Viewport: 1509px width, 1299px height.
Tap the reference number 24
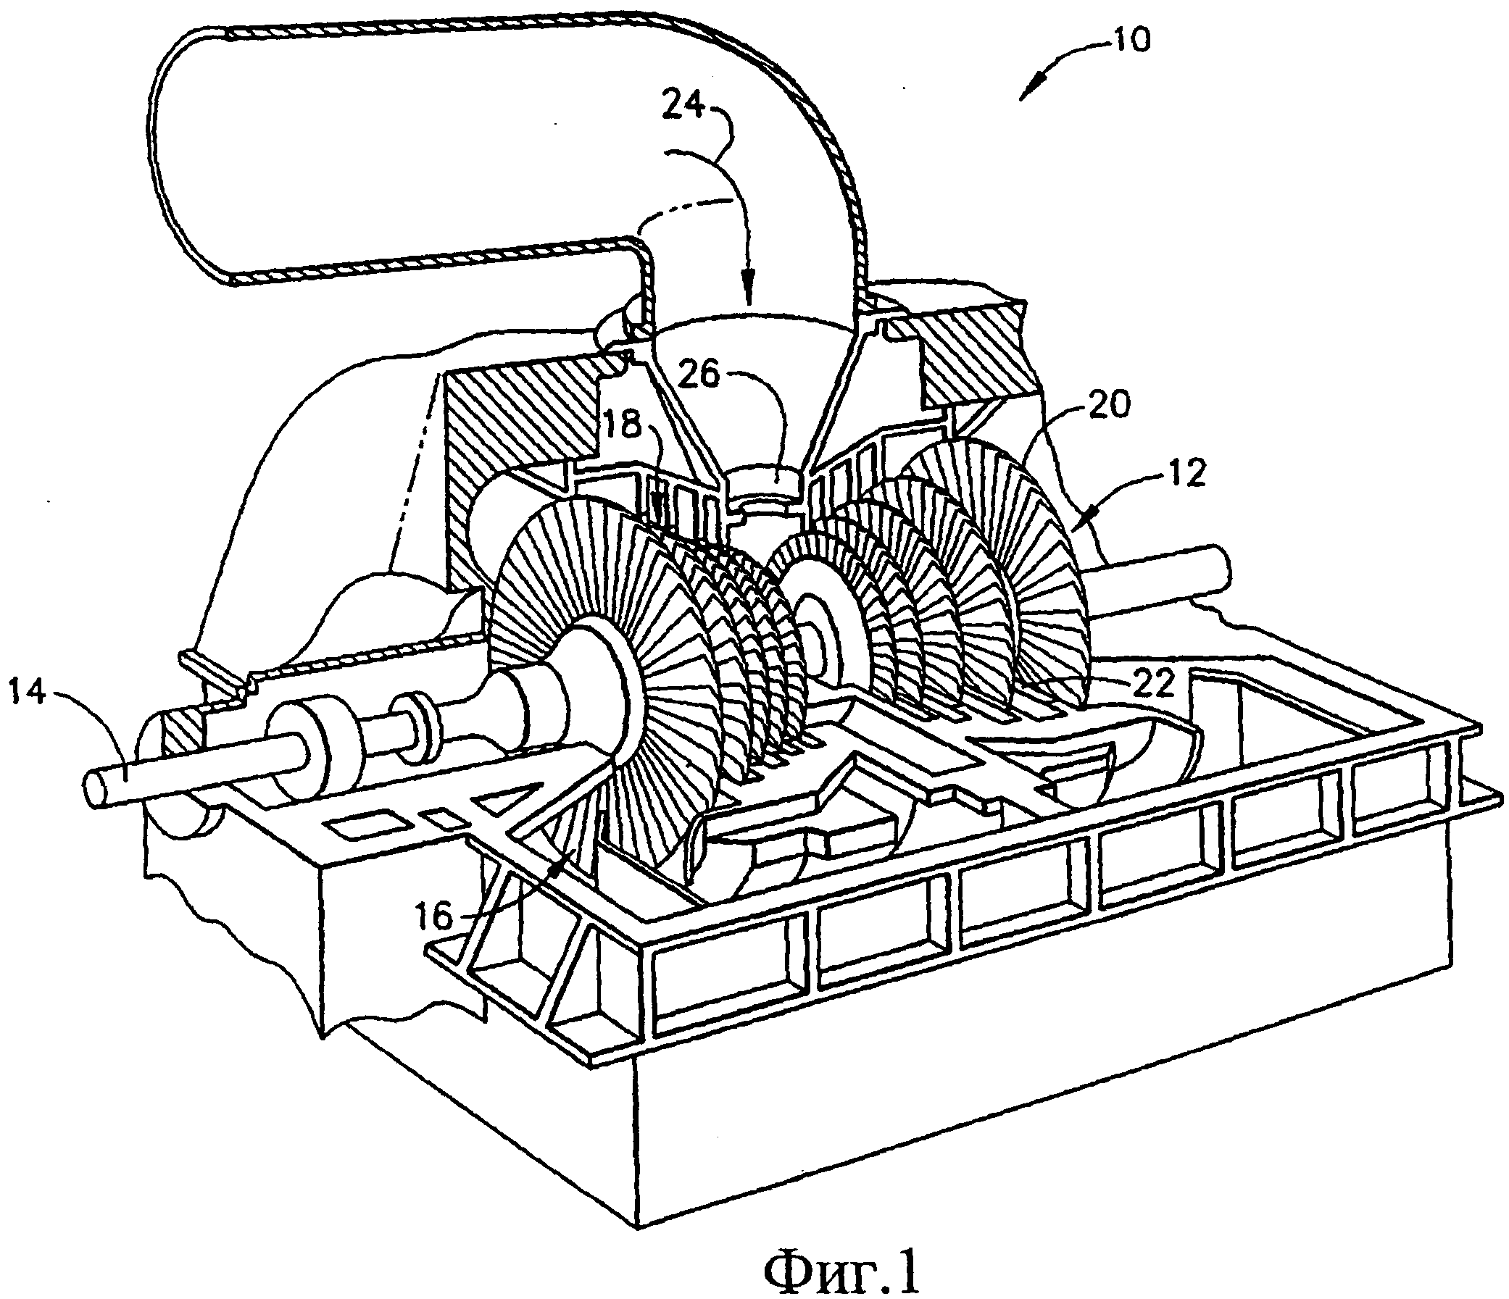685,109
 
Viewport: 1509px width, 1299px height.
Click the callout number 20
1107,405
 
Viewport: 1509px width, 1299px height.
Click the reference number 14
30,693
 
